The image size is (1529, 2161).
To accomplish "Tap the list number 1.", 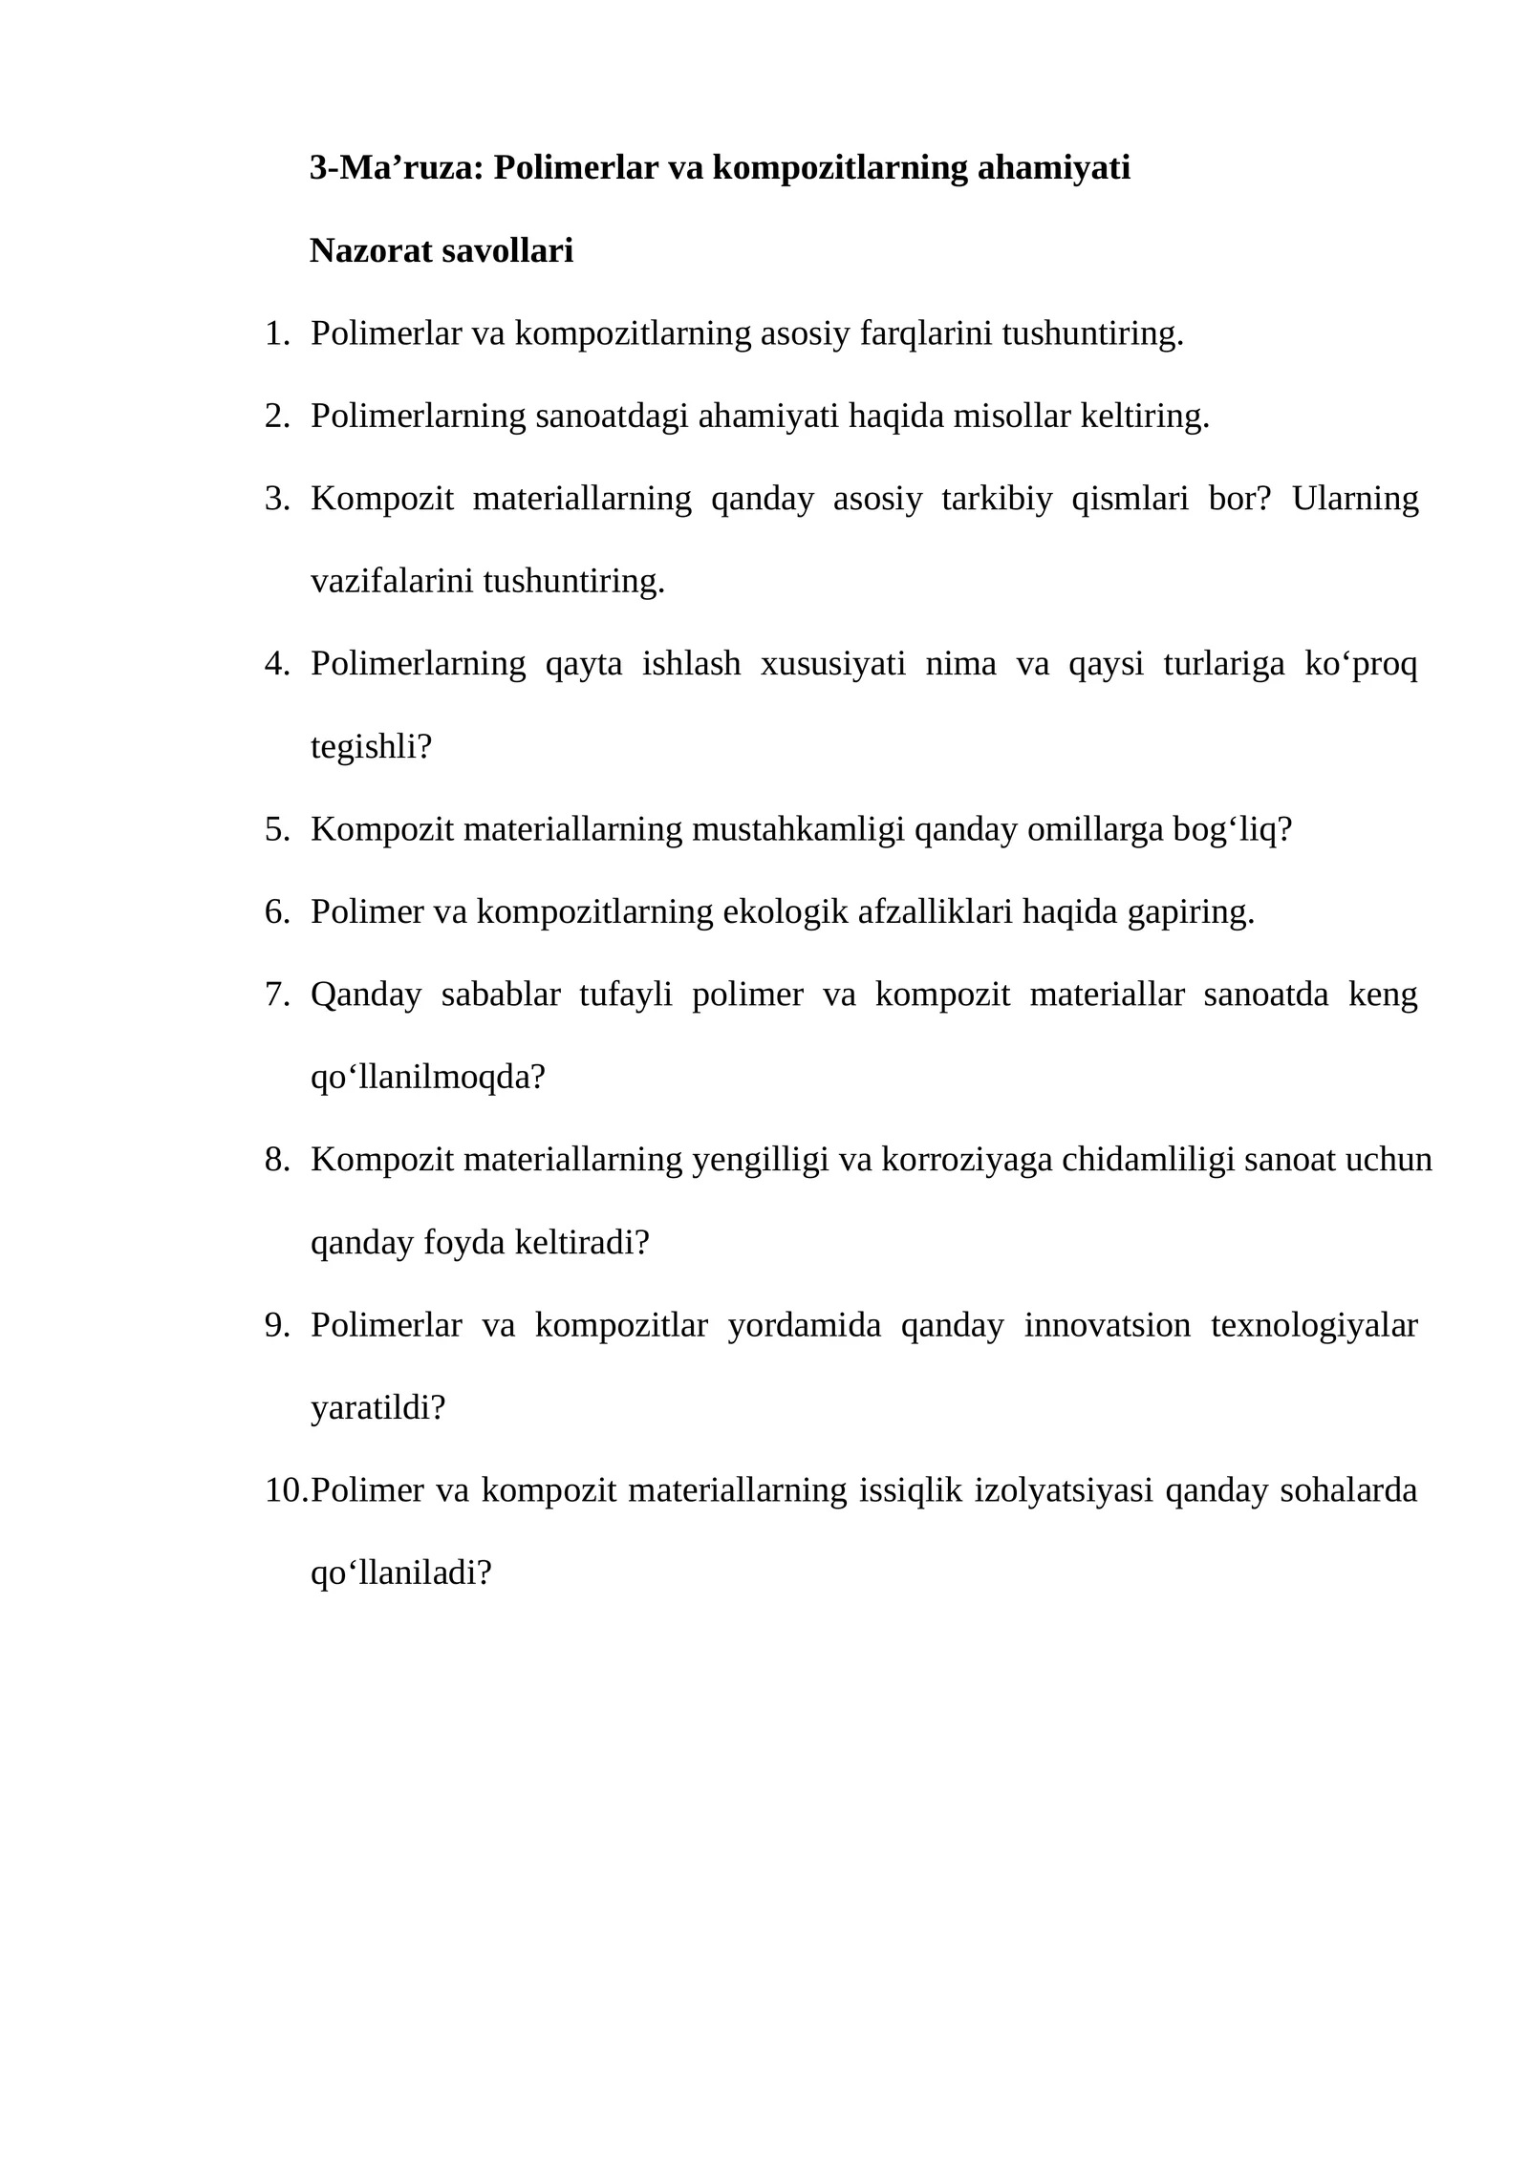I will [276, 334].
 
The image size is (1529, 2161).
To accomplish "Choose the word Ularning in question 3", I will [1355, 499].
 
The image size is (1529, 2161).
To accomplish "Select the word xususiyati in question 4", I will [833, 664].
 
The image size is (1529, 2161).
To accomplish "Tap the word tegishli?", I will [371, 746].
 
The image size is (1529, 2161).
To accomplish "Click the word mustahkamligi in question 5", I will [798, 829].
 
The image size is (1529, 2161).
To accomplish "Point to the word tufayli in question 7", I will [626, 995].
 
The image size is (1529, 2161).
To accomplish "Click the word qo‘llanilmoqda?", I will [427, 1078].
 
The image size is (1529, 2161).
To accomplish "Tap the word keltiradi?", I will [582, 1243].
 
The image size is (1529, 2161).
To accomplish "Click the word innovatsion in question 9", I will [1108, 1326].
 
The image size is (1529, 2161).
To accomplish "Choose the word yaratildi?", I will [378, 1408].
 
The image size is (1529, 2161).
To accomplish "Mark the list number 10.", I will [285, 1490].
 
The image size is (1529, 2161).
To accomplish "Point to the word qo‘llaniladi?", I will [400, 1573].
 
